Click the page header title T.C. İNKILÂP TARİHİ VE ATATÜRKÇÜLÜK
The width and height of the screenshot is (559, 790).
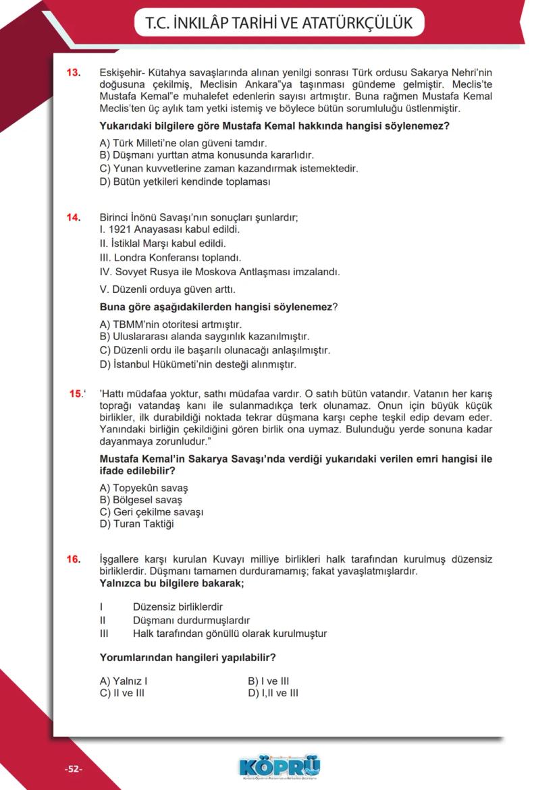tap(279, 23)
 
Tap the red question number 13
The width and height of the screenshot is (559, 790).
tap(74, 72)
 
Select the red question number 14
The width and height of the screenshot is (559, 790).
tap(74, 217)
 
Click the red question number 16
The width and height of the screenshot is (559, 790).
tap(74, 559)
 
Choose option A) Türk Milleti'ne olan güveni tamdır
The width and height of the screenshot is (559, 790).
tap(183, 143)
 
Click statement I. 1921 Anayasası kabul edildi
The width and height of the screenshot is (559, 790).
tap(169, 229)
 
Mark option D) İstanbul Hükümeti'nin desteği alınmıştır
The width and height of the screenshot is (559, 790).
tap(198, 365)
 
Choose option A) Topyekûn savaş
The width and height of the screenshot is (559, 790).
tap(144, 488)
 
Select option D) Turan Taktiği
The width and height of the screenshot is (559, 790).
tap(136, 524)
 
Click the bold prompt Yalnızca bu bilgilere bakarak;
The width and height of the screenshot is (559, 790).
tap(171, 583)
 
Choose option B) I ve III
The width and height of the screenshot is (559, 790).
tap(269, 681)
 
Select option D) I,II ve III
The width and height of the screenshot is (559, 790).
tap(273, 693)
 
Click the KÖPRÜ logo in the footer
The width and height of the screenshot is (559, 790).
tap(279, 766)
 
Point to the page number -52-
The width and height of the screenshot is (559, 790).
tap(73, 769)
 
